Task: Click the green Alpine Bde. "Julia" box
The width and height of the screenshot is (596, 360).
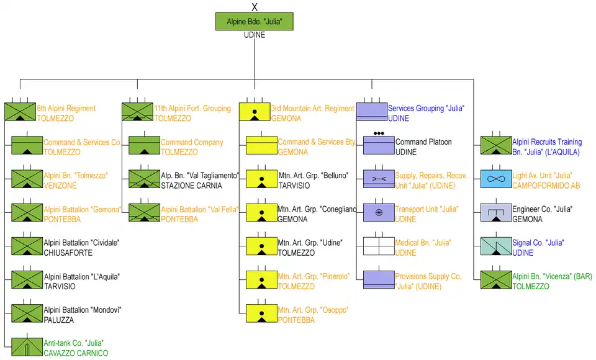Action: pos(254,22)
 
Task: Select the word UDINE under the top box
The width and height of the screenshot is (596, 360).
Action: pos(255,35)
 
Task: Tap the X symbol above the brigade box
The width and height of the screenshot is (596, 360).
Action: pos(254,7)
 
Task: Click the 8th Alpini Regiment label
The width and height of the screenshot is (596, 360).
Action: pos(66,109)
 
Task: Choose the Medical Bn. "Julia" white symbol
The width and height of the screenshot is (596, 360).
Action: pos(379,246)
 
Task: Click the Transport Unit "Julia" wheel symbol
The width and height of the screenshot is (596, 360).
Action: pos(379,212)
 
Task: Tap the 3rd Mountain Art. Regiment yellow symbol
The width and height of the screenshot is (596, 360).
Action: pos(255,112)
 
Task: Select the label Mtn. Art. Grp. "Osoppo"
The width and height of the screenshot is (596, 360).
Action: pos(313,310)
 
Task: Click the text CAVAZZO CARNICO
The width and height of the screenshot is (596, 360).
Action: pos(76,353)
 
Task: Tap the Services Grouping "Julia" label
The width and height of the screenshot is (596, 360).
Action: pos(426,109)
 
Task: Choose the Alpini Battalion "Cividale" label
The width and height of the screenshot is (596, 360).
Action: pos(81,243)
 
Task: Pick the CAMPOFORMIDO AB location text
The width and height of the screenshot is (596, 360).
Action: pos(546,186)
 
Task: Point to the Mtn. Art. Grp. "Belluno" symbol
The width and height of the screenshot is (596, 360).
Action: pos(261,179)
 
